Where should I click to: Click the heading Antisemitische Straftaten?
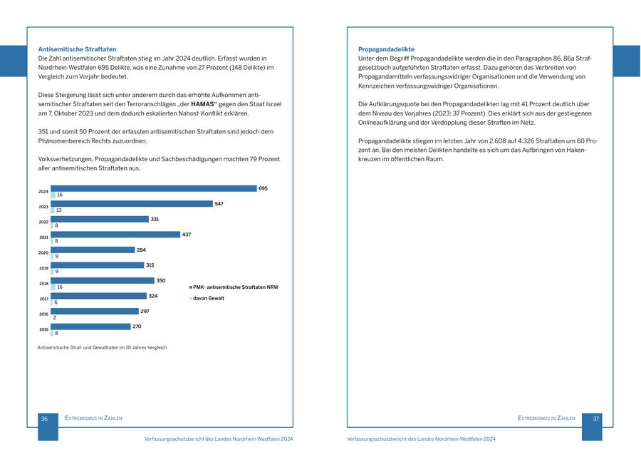(77, 49)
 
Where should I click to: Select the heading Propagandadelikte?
(386, 49)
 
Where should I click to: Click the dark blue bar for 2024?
(153, 188)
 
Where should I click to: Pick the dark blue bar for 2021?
(115, 235)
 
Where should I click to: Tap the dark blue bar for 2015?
(90, 327)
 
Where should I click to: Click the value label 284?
(141, 250)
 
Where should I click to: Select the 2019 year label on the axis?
(43, 268)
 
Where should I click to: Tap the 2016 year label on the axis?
(43, 314)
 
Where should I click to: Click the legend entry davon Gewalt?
(209, 298)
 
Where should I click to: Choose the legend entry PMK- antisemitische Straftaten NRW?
(235, 287)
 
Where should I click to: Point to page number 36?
(44, 419)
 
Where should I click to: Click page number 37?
(596, 419)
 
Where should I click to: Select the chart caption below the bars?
(102, 347)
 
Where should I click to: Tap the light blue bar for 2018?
(53, 287)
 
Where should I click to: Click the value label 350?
(161, 280)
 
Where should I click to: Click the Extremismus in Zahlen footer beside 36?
(93, 419)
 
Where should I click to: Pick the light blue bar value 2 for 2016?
(55, 317)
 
